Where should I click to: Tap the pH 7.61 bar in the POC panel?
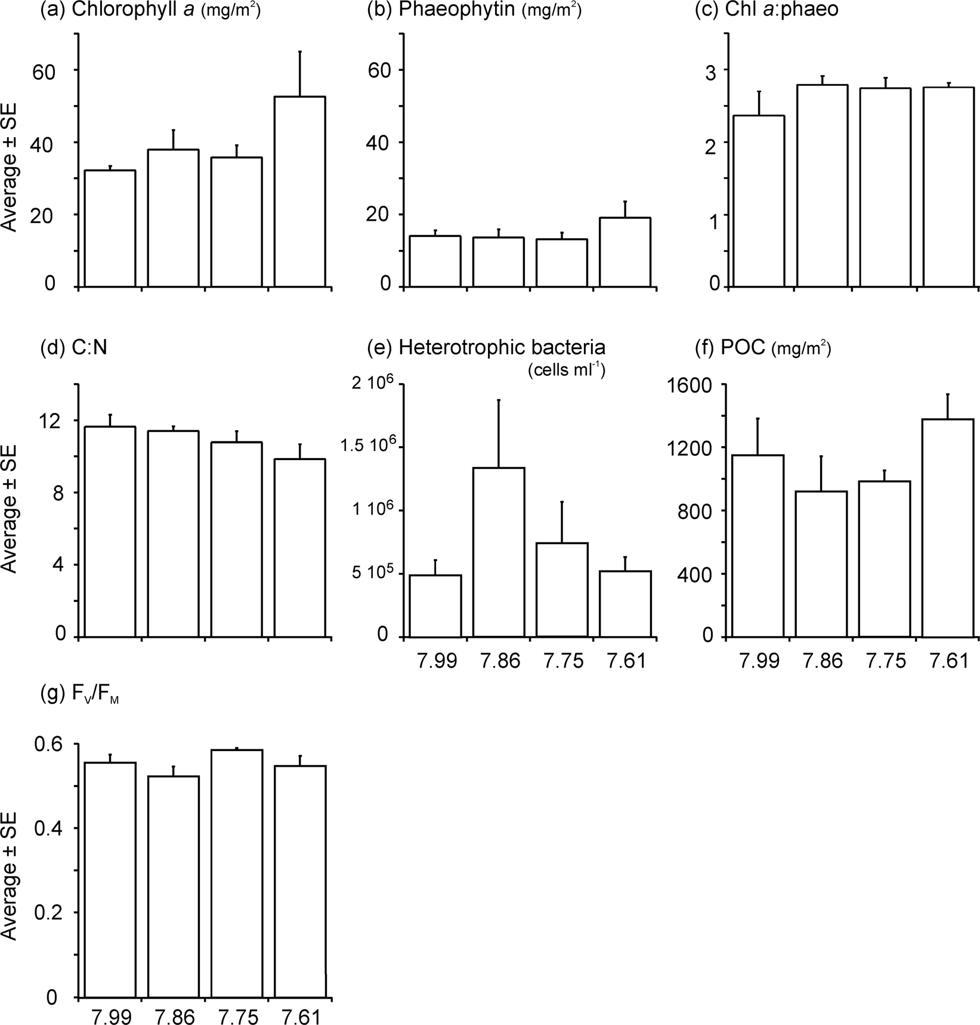(948, 528)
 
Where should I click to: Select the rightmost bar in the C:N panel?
(299, 548)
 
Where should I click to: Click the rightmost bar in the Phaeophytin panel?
(625, 252)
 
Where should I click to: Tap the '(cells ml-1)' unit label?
(566, 371)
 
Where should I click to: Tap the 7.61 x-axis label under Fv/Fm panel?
(301, 1015)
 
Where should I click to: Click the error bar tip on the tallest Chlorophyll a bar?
(300, 51)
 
